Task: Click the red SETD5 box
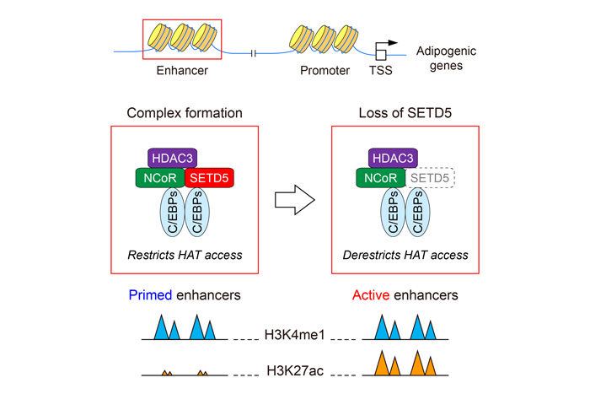pyautogui.click(x=209, y=178)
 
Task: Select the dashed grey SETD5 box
pyautogui.click(x=430, y=178)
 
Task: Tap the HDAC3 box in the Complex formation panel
pyautogui.click(x=172, y=159)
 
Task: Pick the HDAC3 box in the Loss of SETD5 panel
pyautogui.click(x=393, y=159)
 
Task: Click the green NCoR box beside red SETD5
pyautogui.click(x=160, y=178)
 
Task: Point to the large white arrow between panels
pyautogui.click(x=295, y=200)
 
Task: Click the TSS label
pyautogui.click(x=380, y=70)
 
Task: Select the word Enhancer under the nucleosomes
pyautogui.click(x=182, y=70)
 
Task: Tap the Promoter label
pyautogui.click(x=324, y=70)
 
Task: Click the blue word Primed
pyautogui.click(x=150, y=295)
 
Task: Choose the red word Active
pyautogui.click(x=371, y=295)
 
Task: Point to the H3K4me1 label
pyautogui.click(x=294, y=334)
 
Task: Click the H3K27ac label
pyautogui.click(x=295, y=370)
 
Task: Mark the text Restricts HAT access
pyautogui.click(x=185, y=255)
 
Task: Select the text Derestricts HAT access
pyautogui.click(x=405, y=255)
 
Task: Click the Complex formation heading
pyautogui.click(x=185, y=113)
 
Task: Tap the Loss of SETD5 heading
pyautogui.click(x=405, y=113)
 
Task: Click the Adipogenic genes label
pyautogui.click(x=446, y=58)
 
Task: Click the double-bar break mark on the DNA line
pyautogui.click(x=253, y=53)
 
